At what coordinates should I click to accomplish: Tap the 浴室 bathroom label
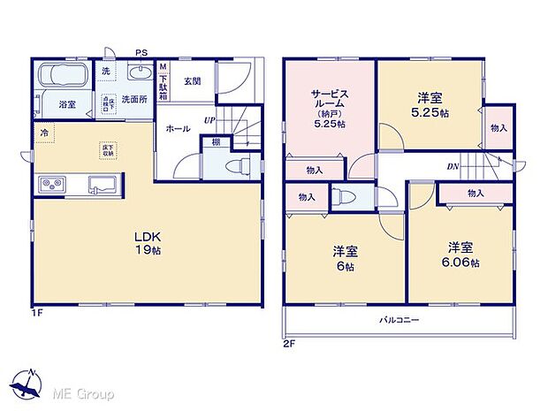click(67, 104)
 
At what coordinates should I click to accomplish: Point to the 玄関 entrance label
click(193, 81)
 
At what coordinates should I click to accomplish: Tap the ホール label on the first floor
click(177, 128)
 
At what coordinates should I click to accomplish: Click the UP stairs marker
click(209, 120)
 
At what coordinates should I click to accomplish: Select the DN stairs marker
click(453, 165)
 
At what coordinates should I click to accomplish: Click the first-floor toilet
click(236, 166)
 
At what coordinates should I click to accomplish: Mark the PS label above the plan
click(141, 52)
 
